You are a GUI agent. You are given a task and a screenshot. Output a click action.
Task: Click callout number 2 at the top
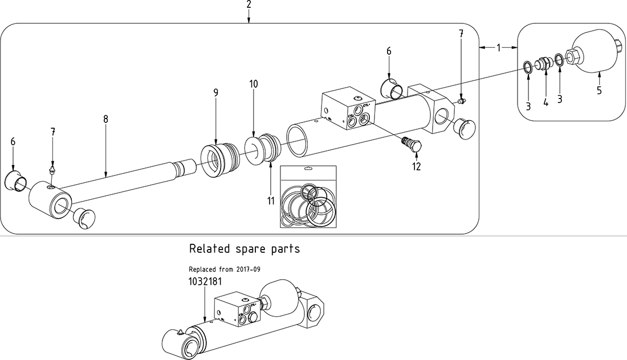pos(249,5)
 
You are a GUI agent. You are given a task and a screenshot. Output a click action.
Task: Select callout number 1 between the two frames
pos(498,48)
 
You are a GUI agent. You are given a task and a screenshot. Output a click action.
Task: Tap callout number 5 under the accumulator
pos(599,90)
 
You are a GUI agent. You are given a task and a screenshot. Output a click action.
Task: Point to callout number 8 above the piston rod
pos(105,119)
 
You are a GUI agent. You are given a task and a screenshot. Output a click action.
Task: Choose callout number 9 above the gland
pos(216,92)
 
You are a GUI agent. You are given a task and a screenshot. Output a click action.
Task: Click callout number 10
pos(254,84)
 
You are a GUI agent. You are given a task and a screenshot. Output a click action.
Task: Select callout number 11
pos(271,201)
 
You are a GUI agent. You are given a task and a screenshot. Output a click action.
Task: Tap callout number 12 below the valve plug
pos(417,167)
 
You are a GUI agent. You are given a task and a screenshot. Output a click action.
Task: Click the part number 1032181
pos(202,281)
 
